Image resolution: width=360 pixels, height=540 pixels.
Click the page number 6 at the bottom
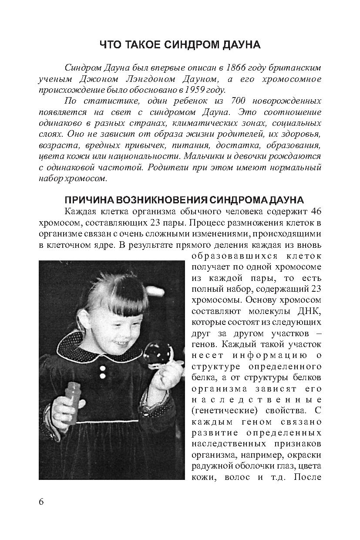pyautogui.click(x=41, y=501)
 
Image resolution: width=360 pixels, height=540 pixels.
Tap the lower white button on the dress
pyautogui.click(x=103, y=375)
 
